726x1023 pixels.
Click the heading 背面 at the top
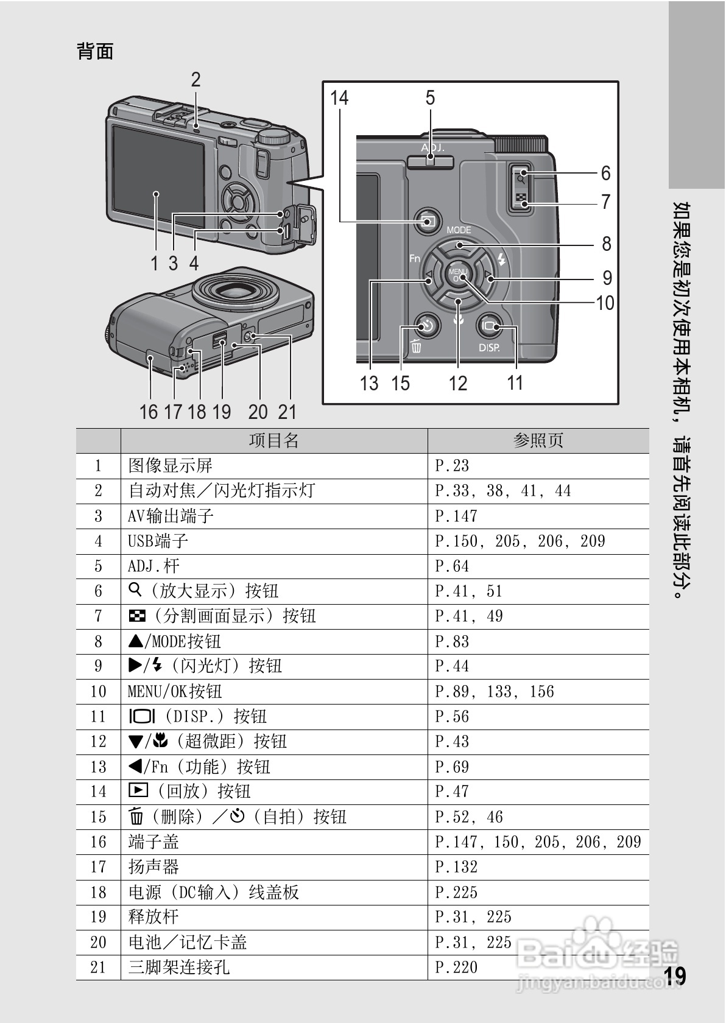click(95, 51)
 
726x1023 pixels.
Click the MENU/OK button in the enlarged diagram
click(457, 275)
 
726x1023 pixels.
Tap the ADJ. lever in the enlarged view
click(430, 160)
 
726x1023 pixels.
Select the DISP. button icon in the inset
click(489, 327)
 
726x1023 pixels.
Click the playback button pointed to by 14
click(428, 222)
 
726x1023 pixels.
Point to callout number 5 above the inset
click(430, 97)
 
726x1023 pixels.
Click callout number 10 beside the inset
click(604, 303)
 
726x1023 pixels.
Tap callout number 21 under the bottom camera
click(287, 412)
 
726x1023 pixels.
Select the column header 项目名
click(273, 440)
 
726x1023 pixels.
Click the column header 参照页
click(538, 440)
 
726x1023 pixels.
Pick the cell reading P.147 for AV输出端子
click(456, 516)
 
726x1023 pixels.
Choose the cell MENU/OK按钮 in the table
click(175, 692)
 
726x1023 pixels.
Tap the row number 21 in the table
click(98, 968)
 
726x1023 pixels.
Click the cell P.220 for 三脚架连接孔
click(456, 968)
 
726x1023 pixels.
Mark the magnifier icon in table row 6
click(135, 589)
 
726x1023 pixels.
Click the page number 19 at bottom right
click(675, 976)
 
